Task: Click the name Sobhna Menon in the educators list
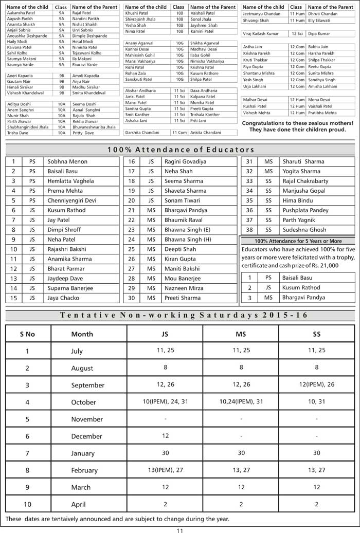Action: [67, 161]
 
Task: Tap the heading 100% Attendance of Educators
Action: [180, 150]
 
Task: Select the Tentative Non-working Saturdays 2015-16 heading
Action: [180, 316]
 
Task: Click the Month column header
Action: [82, 334]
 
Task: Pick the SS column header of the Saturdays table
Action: [316, 334]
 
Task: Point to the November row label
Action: [87, 419]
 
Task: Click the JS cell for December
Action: [165, 436]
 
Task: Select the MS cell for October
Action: [241, 401]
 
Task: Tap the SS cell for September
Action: [316, 384]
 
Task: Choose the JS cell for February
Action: [165, 470]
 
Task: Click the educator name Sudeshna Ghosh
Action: [304, 230]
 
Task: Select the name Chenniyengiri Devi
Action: [71, 200]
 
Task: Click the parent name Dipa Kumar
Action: [319, 33]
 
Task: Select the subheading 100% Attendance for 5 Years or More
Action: [298, 241]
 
